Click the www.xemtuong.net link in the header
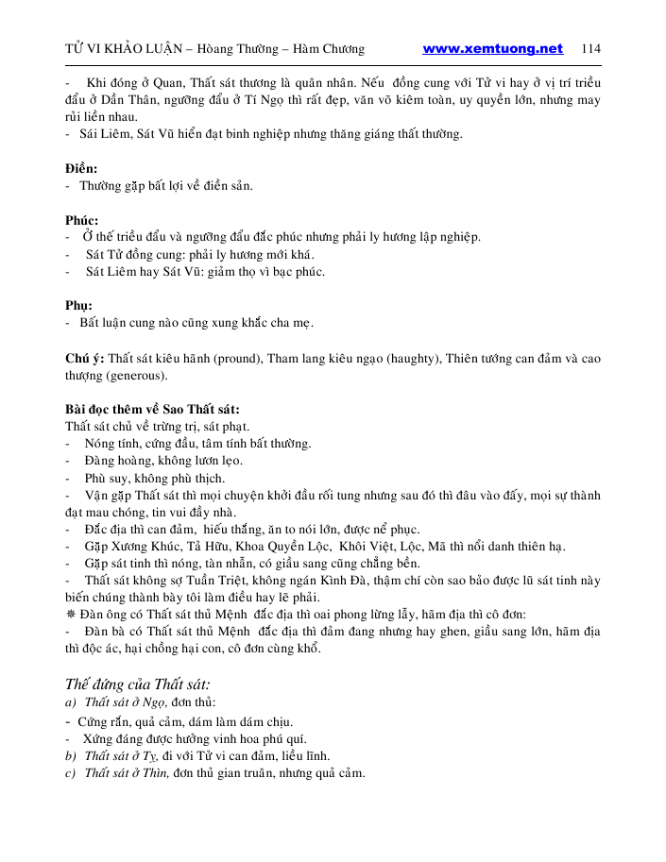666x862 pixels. click(x=492, y=49)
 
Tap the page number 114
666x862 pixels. click(x=590, y=49)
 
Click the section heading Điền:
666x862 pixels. click(x=81, y=169)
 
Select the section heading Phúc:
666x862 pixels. click(x=82, y=220)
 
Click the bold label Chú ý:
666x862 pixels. click(x=84, y=358)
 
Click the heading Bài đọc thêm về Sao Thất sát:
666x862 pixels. click(x=152, y=410)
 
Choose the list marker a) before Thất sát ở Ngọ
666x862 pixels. click(x=70, y=704)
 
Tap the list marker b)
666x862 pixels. click(x=70, y=755)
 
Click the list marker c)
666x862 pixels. click(x=70, y=772)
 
